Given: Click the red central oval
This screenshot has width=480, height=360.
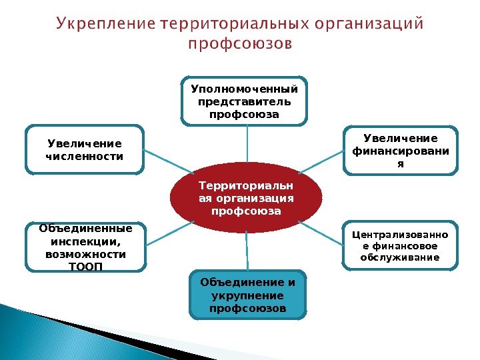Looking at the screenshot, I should tap(246, 198).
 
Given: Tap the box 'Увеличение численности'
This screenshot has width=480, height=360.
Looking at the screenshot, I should tap(85, 149).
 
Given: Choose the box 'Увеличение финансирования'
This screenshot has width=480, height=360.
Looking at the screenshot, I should tap(400, 150).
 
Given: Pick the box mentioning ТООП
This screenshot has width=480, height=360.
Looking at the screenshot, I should tap(85, 247).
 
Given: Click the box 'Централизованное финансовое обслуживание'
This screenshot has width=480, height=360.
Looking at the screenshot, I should tap(400, 245).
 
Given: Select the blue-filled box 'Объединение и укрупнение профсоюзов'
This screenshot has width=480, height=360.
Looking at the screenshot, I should tap(247, 294).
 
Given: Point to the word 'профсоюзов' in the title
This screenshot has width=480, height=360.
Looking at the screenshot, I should tap(239, 45).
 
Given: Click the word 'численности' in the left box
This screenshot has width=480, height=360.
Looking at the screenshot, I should tap(85, 157).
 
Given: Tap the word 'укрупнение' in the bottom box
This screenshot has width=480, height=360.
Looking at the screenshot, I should tap(247, 295).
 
